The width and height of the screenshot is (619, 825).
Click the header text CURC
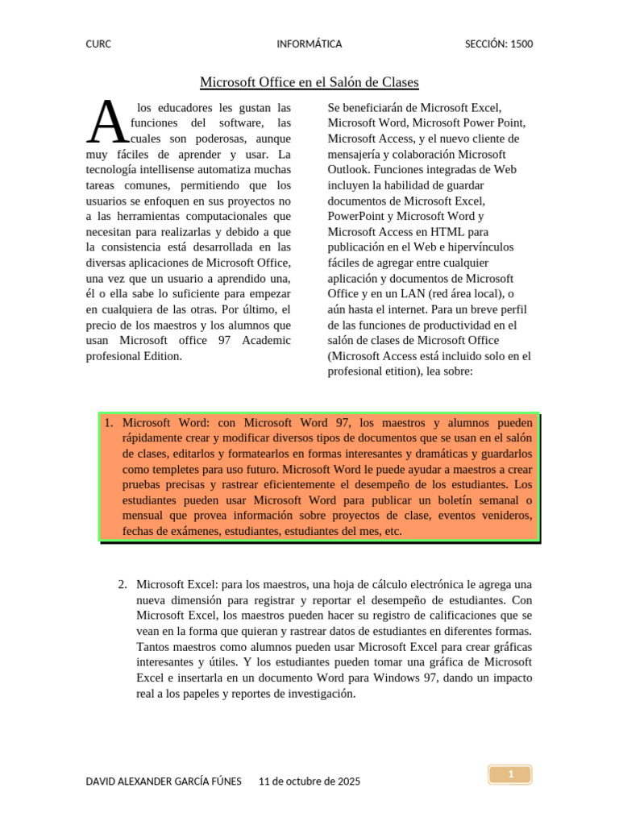(x=98, y=44)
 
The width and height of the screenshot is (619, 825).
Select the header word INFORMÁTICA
(x=309, y=44)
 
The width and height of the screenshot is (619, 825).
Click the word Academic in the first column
(x=264, y=341)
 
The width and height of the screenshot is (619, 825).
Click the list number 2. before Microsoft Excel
(x=123, y=584)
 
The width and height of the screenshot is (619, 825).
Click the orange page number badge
(x=510, y=775)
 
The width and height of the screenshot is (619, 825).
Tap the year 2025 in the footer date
(x=347, y=781)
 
